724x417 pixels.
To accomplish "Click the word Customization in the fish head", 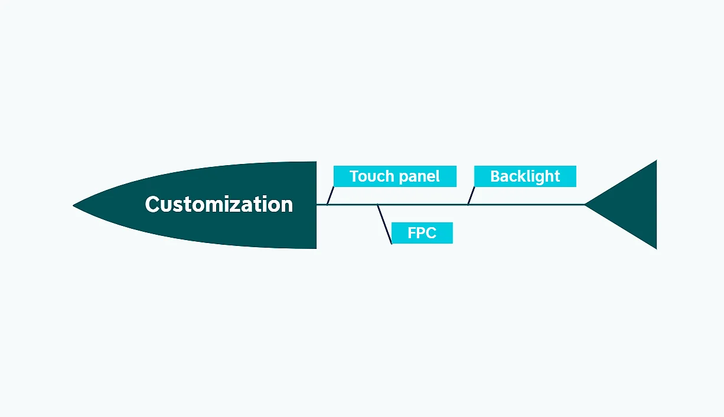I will [218, 205].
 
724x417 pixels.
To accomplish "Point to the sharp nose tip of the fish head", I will [74, 205].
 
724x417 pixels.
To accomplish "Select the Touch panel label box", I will [394, 176].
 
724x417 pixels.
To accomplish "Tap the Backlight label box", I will [525, 176].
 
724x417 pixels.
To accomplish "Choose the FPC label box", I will [422, 233].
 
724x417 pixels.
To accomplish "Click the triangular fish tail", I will [632, 205].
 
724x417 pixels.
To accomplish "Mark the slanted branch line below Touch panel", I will [331, 196].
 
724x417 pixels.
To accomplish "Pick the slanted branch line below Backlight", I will [471, 196].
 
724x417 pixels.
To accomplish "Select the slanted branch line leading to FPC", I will [384, 225].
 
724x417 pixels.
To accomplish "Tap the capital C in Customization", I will [153, 205].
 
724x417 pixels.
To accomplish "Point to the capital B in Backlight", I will [495, 176].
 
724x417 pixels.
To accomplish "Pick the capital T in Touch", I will [354, 176].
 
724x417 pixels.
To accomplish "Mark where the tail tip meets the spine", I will [585, 205].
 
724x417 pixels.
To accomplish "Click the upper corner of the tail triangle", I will [655, 161].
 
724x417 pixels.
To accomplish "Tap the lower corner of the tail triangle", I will [655, 248].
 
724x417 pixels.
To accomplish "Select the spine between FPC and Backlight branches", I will [422, 205].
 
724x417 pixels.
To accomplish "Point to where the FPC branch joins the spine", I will [378, 205].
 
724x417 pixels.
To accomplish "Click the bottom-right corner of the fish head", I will [316, 248].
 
